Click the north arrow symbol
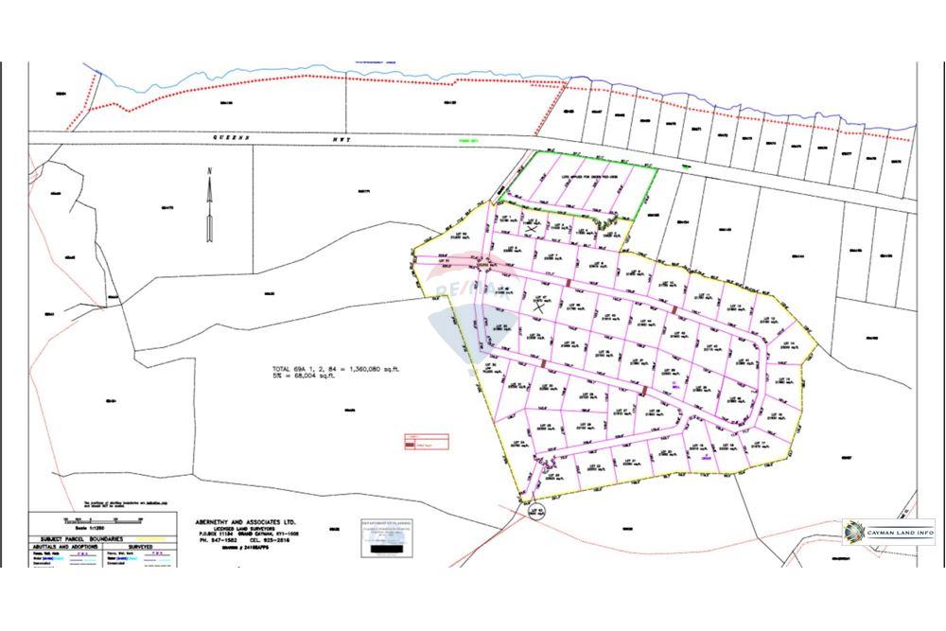[209, 203]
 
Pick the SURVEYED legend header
[141, 547]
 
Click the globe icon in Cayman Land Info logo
[855, 532]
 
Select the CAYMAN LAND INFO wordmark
[900, 533]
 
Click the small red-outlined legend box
[427, 441]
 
